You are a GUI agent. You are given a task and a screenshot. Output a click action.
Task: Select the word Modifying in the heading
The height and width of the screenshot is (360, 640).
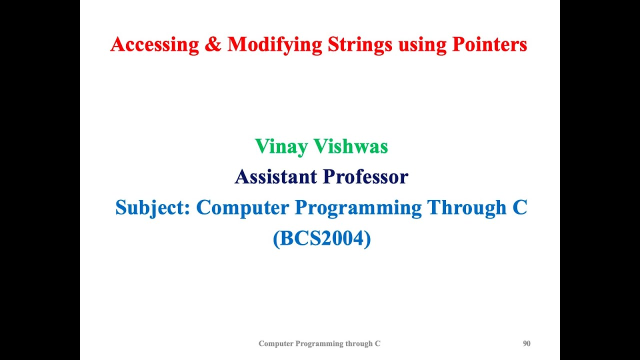[274, 45]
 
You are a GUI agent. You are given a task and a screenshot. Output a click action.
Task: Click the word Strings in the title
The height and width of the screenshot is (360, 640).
[359, 45]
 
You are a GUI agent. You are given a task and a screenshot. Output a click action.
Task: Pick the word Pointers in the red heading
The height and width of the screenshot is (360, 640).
[489, 45]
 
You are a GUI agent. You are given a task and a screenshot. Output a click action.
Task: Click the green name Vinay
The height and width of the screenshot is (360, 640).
[281, 147]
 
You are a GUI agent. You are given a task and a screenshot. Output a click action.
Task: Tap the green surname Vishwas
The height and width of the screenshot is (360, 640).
[351, 146]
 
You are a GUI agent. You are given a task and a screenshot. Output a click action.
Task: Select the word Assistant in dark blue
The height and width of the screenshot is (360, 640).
[275, 176]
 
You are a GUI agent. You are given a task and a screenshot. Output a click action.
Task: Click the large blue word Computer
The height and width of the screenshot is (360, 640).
[242, 208]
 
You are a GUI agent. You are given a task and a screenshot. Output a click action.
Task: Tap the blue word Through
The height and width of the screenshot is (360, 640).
[467, 207]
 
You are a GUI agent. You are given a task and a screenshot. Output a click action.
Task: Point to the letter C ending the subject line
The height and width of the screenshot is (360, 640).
[520, 207]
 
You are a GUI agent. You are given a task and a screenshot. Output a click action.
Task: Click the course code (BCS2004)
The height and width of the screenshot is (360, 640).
[321, 239]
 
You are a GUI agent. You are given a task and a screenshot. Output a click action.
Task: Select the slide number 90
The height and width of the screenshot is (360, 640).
[526, 343]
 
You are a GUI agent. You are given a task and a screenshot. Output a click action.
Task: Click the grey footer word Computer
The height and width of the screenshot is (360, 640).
[276, 343]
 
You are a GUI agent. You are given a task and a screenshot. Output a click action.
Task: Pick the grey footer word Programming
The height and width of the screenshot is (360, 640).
[319, 343]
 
